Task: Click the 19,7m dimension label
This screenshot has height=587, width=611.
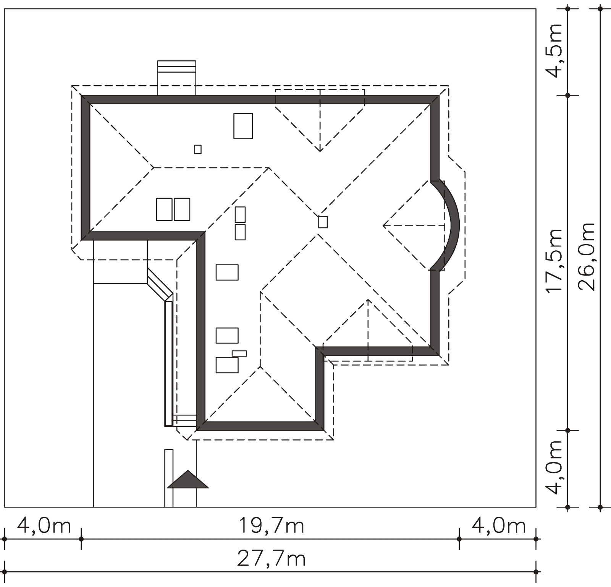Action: [271, 525]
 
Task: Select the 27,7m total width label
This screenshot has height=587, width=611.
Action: [271, 559]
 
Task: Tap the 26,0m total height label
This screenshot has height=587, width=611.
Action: [587, 257]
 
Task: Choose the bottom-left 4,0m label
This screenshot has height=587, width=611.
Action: [44, 525]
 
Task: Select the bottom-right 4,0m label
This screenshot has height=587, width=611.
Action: [499, 525]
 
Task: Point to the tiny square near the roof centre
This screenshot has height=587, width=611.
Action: [323, 222]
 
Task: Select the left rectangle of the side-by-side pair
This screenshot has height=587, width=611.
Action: [164, 209]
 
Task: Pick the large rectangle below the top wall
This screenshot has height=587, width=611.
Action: [243, 126]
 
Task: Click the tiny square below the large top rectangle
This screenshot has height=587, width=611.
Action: [198, 149]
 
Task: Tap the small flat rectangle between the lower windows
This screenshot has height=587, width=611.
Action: [239, 353]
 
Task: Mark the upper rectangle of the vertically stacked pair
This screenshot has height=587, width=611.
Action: [240, 214]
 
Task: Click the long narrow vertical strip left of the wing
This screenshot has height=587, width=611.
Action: [169, 363]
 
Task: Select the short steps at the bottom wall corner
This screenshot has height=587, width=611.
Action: [185, 420]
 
